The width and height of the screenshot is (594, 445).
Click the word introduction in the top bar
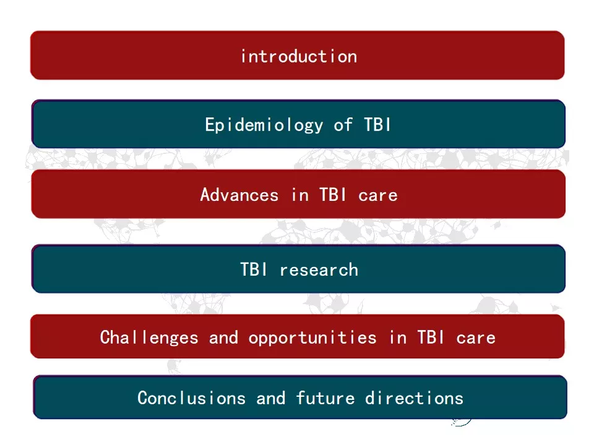tap(299, 56)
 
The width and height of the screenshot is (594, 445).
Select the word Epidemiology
tap(264, 125)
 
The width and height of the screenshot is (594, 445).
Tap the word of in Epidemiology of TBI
tap(343, 124)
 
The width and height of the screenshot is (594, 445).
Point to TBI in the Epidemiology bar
tap(377, 124)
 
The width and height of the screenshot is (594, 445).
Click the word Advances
tap(239, 195)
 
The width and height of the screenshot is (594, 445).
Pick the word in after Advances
tap(299, 195)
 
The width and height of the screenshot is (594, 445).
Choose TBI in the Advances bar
tap(333, 195)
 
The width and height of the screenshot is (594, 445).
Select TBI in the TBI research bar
tap(254, 269)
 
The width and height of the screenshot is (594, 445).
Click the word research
tap(319, 270)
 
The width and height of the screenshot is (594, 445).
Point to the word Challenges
tap(149, 337)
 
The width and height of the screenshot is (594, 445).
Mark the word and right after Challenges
tap(223, 337)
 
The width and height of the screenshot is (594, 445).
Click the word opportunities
tap(312, 337)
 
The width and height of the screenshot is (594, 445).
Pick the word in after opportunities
tap(398, 337)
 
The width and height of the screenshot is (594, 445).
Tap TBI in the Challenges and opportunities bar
tap(431, 337)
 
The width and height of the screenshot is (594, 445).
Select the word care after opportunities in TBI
tap(476, 338)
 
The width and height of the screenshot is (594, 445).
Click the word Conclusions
tap(192, 398)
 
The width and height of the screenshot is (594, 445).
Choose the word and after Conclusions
tap(271, 398)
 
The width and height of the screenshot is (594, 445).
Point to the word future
tap(325, 398)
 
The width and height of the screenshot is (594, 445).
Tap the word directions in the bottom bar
tap(415, 398)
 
